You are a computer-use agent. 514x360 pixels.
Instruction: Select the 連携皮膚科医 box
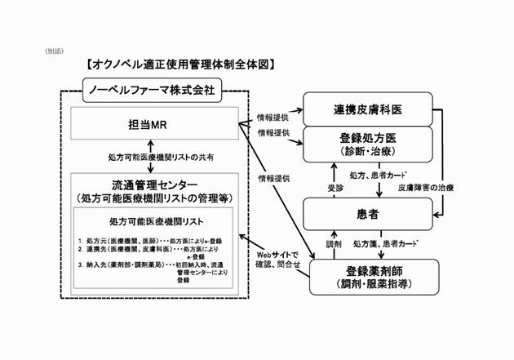pyautogui.click(x=366, y=109)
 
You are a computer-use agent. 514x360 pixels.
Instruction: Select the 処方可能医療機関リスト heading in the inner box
pyautogui.click(x=156, y=221)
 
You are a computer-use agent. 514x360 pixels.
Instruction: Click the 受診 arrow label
pyautogui.click(x=324, y=186)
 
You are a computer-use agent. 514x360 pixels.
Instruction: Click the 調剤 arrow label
pyautogui.click(x=333, y=244)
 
